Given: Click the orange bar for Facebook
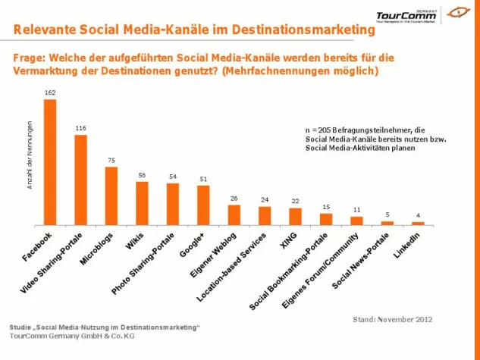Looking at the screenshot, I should click(50, 162).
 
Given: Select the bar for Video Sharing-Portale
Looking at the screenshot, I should click(80, 180).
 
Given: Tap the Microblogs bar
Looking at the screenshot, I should click(111, 196).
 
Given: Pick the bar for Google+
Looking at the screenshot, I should click(203, 205).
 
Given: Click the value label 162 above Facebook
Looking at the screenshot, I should click(50, 92).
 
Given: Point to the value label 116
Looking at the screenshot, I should click(80, 128).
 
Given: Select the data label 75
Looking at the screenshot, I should click(111, 160).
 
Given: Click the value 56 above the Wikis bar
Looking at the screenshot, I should click(142, 175).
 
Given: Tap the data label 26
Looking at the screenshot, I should click(234, 199).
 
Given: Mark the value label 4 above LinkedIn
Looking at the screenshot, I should click(418, 215).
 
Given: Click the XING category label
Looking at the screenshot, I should click(287, 240).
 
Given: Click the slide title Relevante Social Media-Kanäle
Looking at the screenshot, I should click(194, 30).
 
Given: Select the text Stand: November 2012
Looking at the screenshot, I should click(392, 319).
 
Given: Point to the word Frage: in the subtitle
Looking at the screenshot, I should click(31, 58).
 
